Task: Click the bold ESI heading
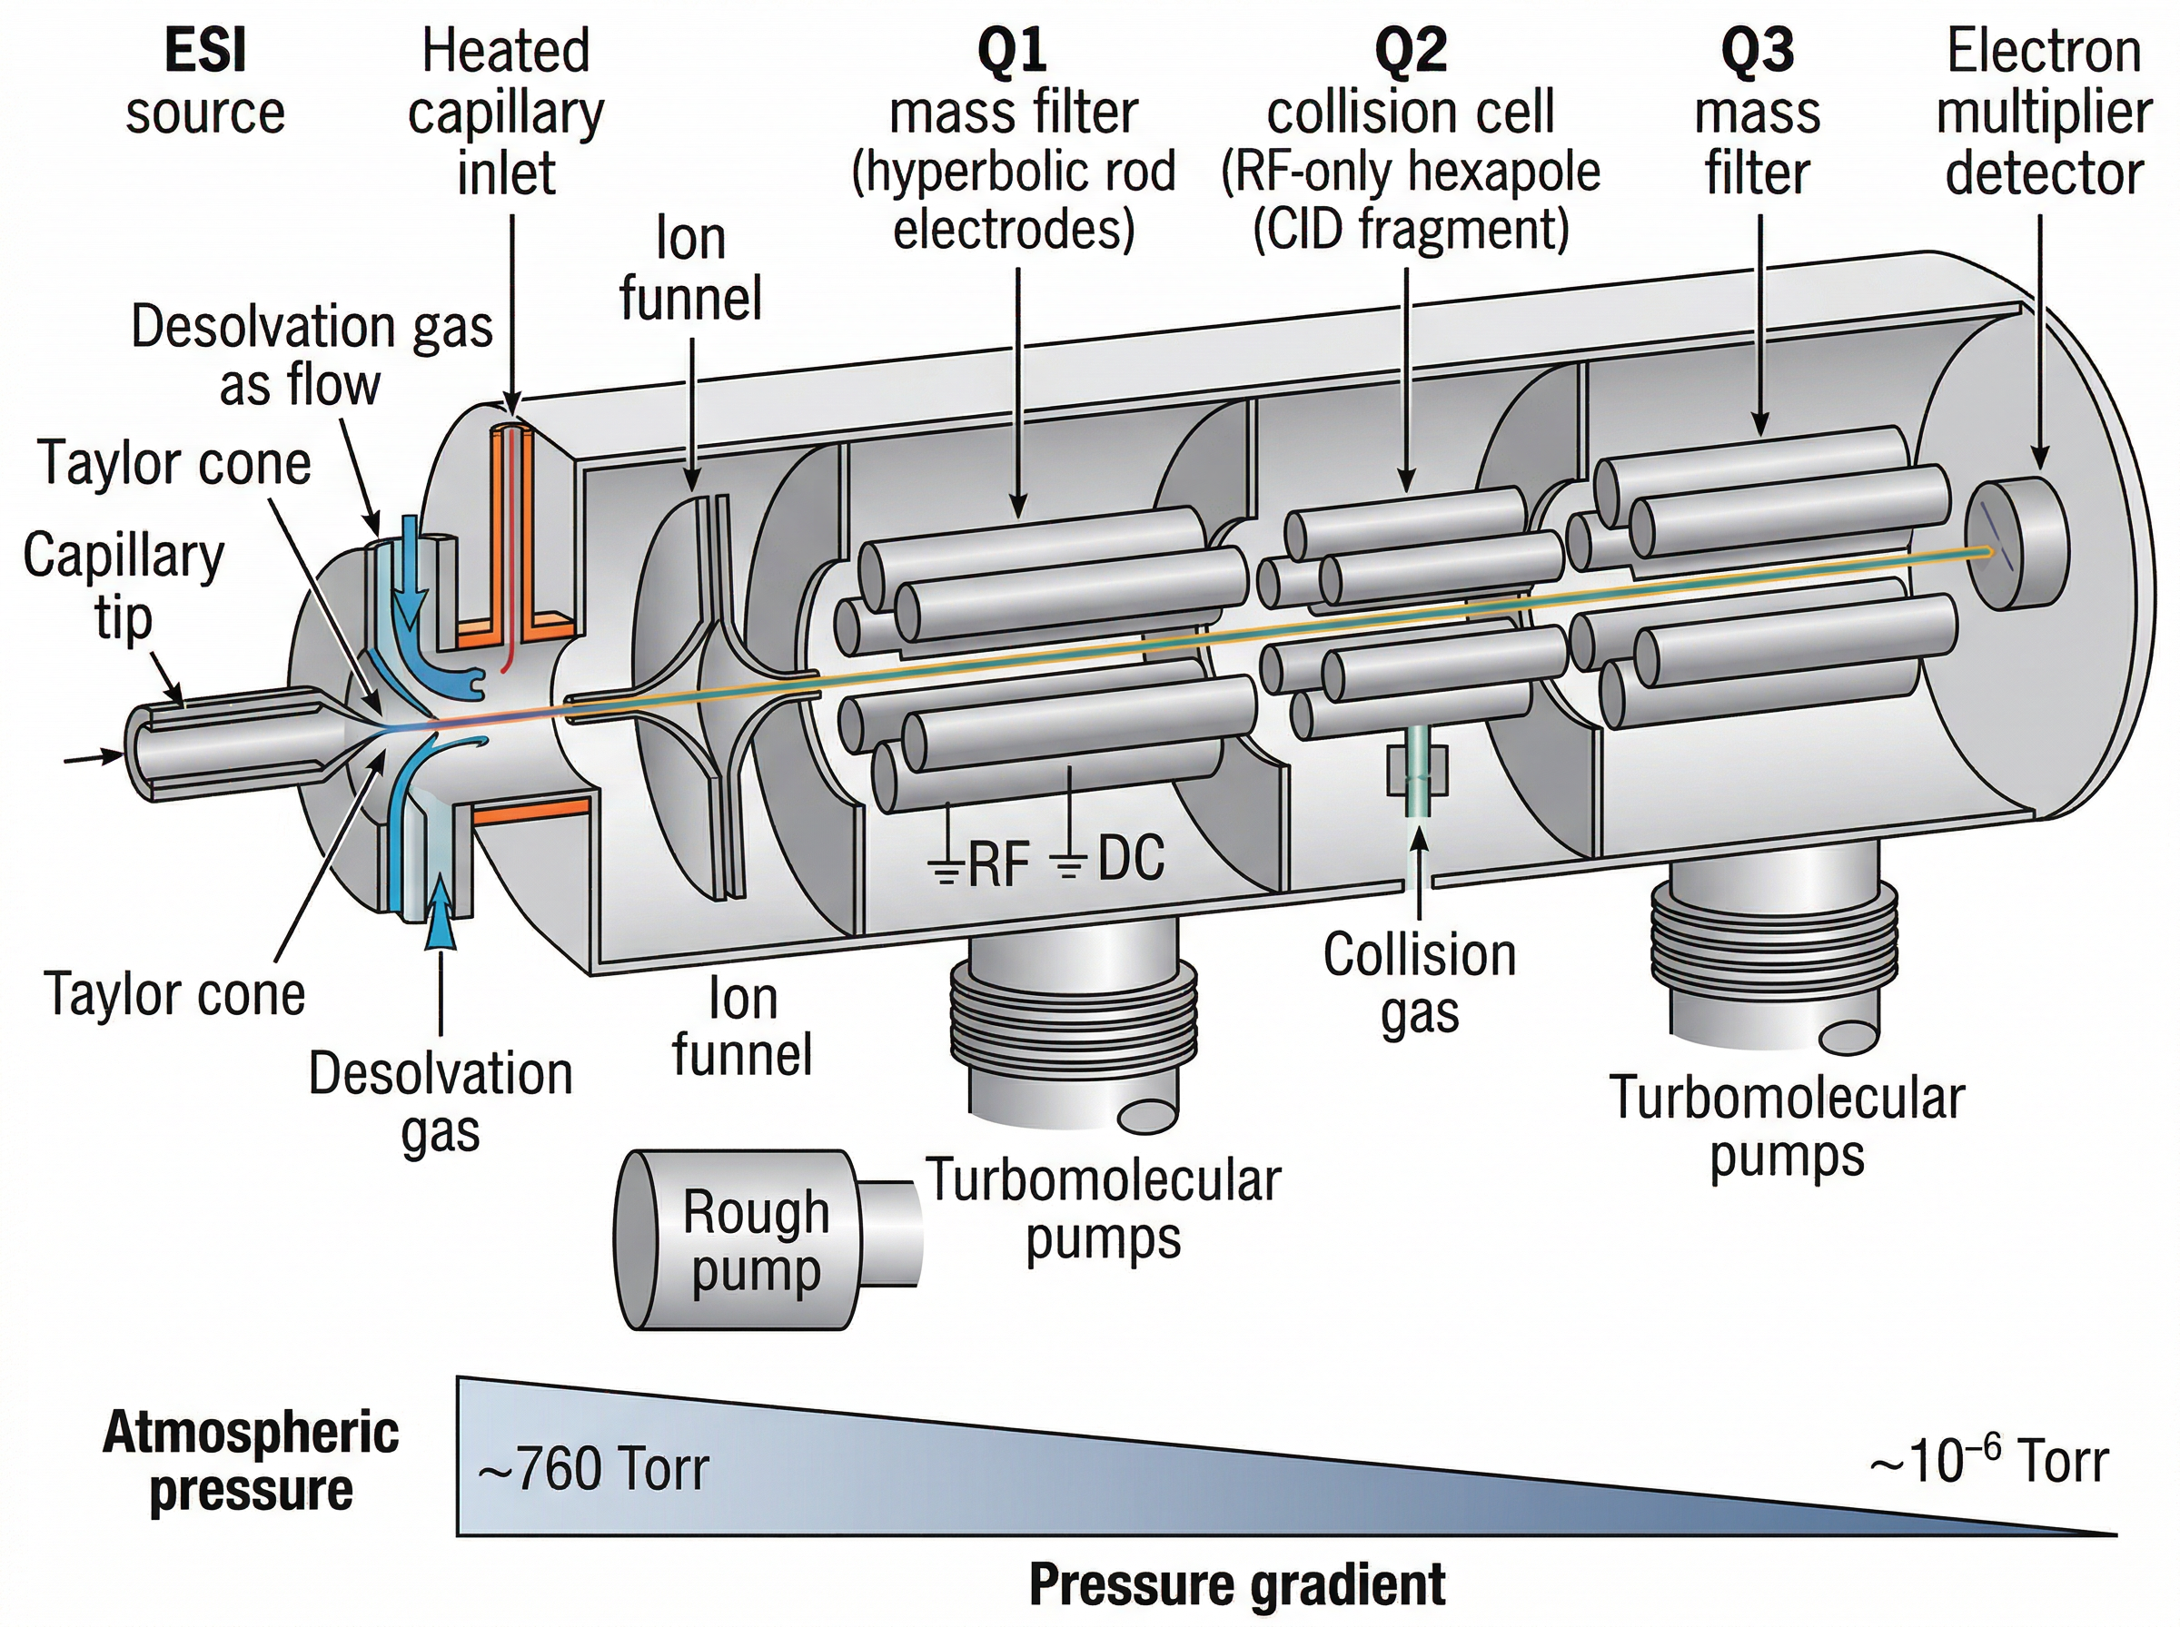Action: pos(205,51)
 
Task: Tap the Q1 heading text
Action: pos(1013,51)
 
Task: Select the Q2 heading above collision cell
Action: pos(1410,51)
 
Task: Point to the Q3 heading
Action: pos(1757,51)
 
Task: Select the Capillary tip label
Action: pos(124,586)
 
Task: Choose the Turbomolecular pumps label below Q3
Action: pos(1786,1126)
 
